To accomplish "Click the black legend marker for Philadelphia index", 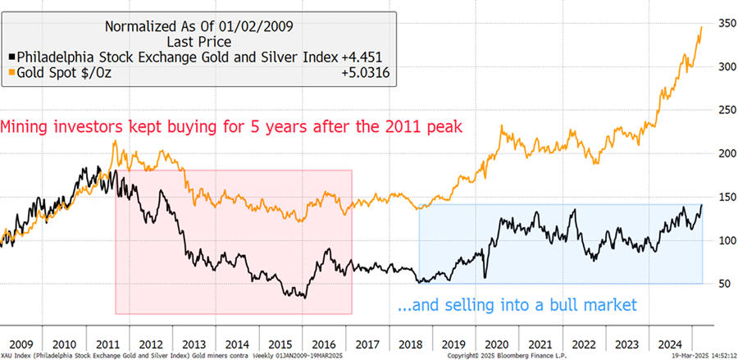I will [x=11, y=57].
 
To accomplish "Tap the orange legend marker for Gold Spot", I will [x=11, y=73].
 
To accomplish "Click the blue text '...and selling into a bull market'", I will [x=516, y=305].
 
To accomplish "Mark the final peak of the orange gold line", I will [x=702, y=27].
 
